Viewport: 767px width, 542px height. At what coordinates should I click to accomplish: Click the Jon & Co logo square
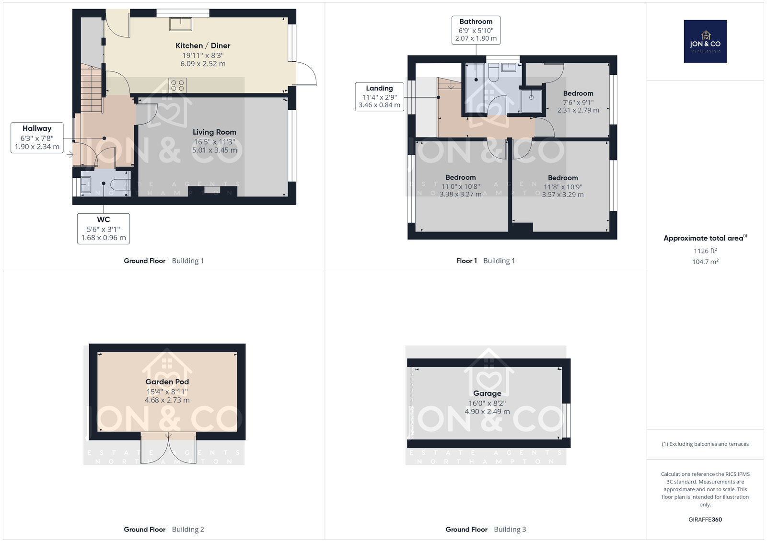tap(705, 41)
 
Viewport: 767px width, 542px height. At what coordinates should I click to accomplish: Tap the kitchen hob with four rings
tap(177, 85)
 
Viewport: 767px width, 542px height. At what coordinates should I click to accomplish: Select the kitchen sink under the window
tap(180, 24)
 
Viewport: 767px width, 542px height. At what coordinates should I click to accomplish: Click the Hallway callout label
tap(37, 138)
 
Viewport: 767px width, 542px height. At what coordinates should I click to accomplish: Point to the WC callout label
tap(104, 229)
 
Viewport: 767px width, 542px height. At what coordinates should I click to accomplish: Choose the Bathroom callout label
tap(476, 30)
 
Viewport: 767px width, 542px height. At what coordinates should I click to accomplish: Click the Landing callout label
tap(379, 97)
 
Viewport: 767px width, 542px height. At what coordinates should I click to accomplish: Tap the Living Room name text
tap(214, 132)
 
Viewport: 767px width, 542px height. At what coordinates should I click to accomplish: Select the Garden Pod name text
tap(167, 382)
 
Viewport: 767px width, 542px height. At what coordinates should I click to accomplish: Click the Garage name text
tap(487, 393)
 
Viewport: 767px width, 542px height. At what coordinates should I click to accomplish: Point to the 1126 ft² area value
tap(705, 251)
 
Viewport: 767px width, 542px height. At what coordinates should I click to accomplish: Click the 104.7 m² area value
tap(705, 262)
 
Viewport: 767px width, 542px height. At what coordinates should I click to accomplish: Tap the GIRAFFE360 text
tap(705, 519)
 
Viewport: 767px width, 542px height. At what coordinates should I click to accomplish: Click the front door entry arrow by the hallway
tap(70, 155)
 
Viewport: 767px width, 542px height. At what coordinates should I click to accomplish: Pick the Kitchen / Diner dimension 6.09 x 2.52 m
tap(203, 64)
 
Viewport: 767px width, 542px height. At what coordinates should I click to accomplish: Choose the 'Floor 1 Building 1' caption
tap(485, 261)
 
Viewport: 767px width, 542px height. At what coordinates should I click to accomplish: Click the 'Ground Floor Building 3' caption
tap(486, 530)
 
